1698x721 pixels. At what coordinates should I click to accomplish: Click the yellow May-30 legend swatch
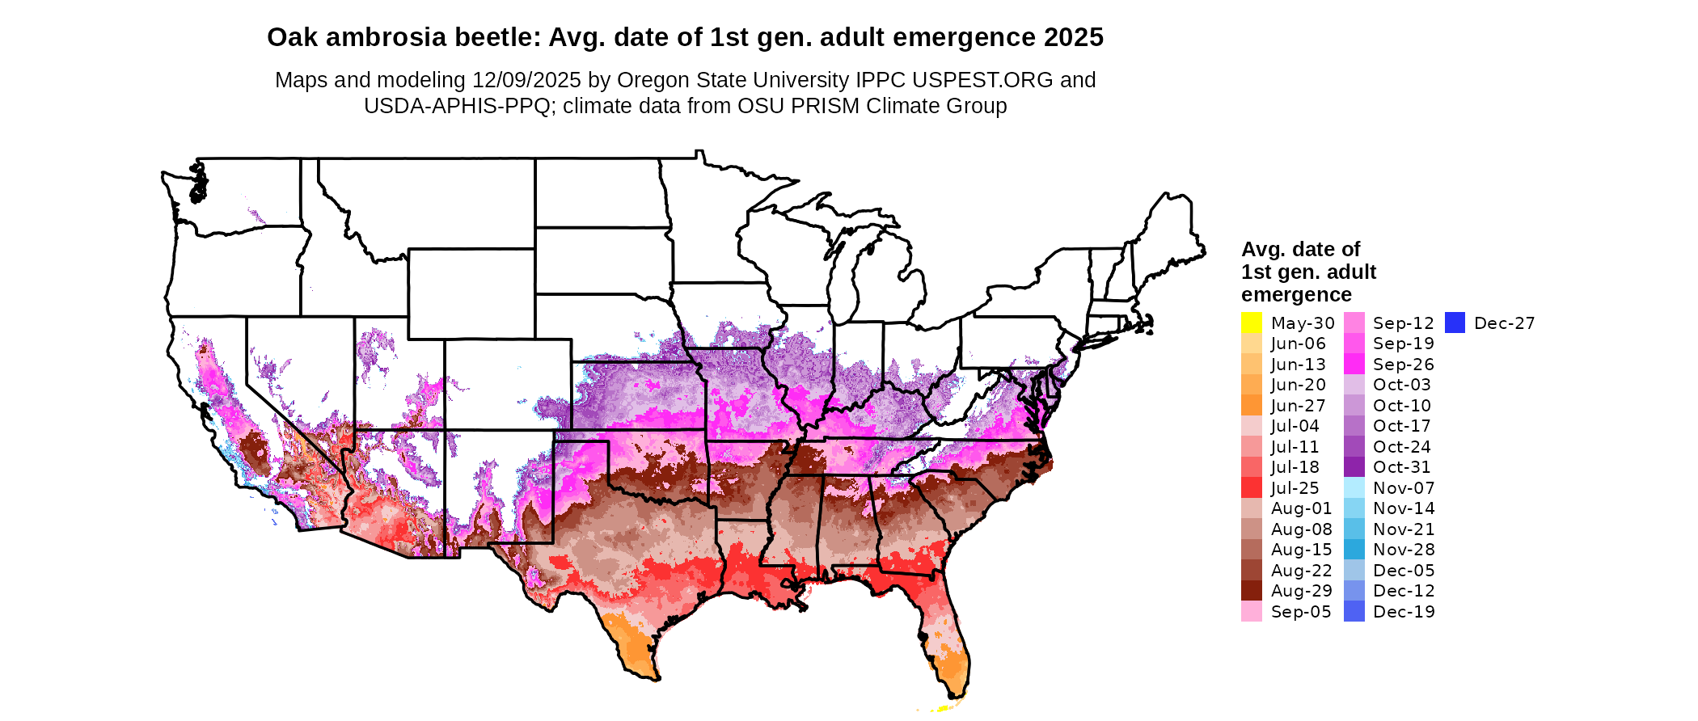click(1251, 323)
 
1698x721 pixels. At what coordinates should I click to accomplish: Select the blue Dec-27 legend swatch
click(1455, 323)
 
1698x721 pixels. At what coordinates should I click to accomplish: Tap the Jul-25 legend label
click(1295, 488)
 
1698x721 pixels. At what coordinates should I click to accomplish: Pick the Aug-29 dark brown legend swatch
click(1251, 591)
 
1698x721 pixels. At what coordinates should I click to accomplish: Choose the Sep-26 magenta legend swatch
click(1354, 365)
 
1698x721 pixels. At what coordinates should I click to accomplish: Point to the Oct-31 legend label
click(1401, 467)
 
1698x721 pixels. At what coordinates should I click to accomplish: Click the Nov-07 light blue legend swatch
click(1354, 488)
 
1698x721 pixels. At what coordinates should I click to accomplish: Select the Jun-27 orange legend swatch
click(1251, 405)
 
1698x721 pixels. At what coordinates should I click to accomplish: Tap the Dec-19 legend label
click(1404, 612)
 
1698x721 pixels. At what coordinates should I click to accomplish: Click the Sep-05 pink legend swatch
click(1251, 612)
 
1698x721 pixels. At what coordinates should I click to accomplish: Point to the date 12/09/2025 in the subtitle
click(526, 80)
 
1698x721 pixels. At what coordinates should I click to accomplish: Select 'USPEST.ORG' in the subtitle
click(982, 80)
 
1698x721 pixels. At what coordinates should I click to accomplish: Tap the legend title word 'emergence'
click(1296, 294)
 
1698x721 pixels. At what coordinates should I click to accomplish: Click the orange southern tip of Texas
click(629, 643)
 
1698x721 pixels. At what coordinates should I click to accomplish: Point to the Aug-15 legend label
click(1301, 550)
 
